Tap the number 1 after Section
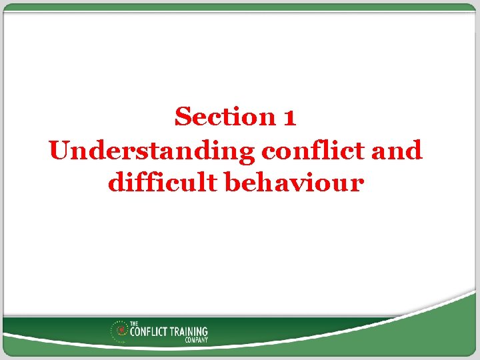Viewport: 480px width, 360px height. pos(289,118)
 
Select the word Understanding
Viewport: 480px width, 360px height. pos(152,151)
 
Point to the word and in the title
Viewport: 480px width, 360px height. pos(397,151)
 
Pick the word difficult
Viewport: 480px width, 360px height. pos(163,182)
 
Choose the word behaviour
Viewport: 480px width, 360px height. pos(295,182)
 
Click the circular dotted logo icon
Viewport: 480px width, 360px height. pos(121,331)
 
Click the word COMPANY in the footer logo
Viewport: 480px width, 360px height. pos(196,339)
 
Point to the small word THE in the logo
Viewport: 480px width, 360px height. pos(134,324)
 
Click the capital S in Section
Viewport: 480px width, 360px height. pos(183,117)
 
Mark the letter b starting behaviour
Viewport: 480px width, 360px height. pos(233,182)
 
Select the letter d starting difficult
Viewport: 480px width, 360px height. pos(115,182)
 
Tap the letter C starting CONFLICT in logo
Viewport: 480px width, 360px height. pos(133,331)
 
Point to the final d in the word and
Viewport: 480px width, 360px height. pos(414,151)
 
